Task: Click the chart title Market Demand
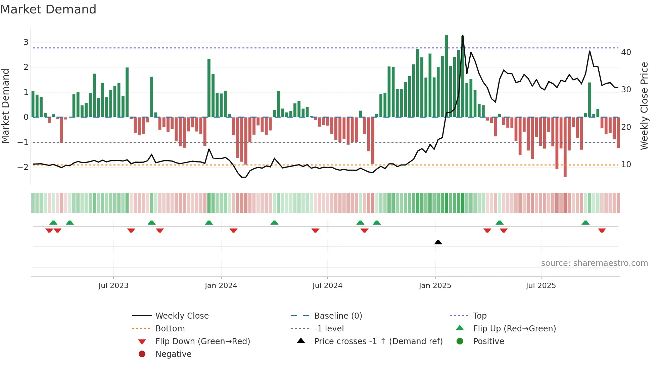[48, 9]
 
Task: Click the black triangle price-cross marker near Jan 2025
[438, 242]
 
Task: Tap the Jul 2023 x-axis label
[113, 286]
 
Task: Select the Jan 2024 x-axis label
[221, 286]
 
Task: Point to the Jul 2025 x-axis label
[541, 286]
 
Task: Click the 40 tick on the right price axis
[626, 52]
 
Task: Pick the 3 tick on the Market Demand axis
[26, 42]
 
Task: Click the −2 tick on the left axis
[23, 167]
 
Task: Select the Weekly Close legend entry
[182, 316]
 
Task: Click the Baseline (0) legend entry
[338, 316]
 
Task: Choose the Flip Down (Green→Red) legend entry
[202, 341]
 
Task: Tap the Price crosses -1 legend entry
[378, 341]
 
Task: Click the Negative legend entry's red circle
[142, 354]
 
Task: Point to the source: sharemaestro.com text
[594, 263]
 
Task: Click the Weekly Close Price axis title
[644, 106]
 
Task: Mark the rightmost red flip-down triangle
[602, 230]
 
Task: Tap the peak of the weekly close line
[463, 36]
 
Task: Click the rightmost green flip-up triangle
[585, 223]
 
